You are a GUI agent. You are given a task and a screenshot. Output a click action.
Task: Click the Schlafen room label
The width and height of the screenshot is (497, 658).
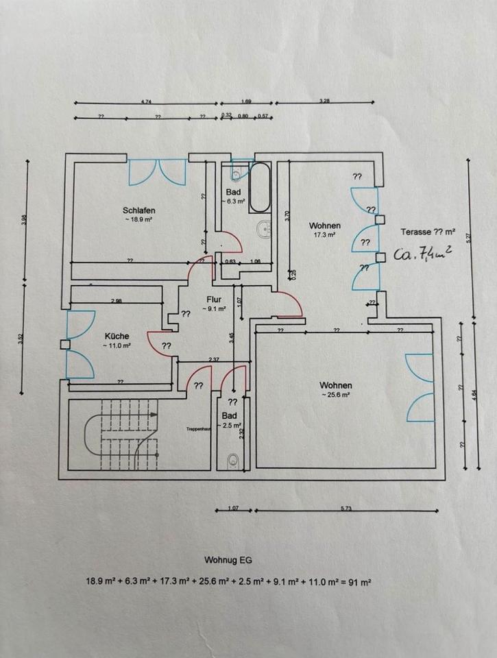click(x=138, y=210)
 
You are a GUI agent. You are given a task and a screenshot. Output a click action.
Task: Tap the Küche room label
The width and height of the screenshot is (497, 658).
click(x=117, y=336)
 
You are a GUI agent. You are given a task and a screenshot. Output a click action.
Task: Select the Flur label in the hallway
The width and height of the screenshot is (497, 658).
click(x=213, y=300)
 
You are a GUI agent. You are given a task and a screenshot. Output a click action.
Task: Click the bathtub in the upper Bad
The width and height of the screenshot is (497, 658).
click(x=260, y=187)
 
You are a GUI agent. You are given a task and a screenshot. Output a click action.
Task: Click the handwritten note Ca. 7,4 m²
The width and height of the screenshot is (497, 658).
click(x=422, y=255)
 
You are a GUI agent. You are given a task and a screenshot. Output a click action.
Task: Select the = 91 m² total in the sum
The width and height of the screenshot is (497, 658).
click(x=356, y=581)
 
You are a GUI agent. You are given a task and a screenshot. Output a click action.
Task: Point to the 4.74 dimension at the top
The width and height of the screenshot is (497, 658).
click(x=147, y=101)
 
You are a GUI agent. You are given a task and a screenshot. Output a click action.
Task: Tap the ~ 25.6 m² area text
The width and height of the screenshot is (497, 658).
click(x=335, y=395)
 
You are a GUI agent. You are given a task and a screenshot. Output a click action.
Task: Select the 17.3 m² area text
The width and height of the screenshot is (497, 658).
click(x=324, y=234)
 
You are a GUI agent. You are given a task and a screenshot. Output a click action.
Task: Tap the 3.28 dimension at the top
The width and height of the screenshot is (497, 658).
click(x=325, y=101)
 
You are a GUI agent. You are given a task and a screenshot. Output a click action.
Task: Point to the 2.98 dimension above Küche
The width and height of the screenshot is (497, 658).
click(x=117, y=301)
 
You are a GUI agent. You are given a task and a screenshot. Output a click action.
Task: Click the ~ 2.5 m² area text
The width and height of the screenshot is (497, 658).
click(x=229, y=426)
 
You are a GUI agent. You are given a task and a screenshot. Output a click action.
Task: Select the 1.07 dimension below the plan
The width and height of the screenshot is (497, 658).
click(x=232, y=509)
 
